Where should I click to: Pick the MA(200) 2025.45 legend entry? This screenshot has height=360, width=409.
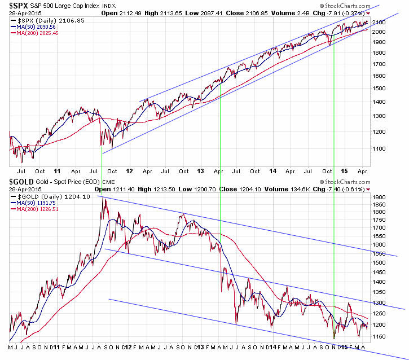click(x=37, y=33)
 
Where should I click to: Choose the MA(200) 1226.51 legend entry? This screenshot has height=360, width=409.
click(x=36, y=209)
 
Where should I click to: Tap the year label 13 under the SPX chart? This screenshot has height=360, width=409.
click(x=201, y=170)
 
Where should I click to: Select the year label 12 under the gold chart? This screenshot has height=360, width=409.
click(x=130, y=346)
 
